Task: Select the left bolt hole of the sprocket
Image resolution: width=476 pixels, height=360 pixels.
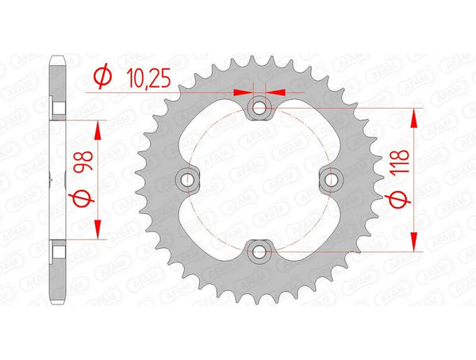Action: click(188, 180)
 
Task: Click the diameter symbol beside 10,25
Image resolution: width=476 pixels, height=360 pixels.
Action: click(102, 76)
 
